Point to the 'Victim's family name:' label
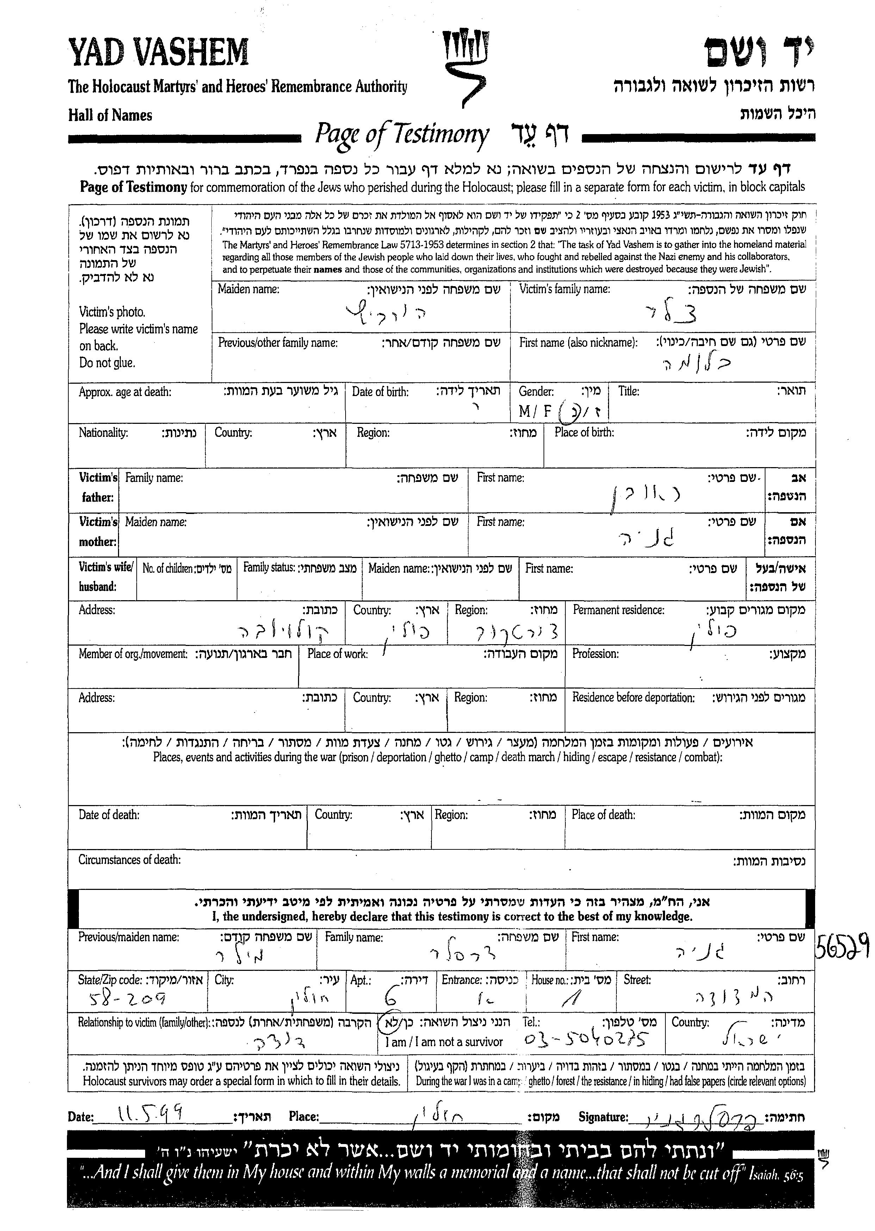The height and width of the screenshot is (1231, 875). coord(564,289)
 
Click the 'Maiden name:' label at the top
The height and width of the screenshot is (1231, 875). coord(248,289)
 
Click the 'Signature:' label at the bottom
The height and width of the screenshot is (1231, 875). coord(603,1117)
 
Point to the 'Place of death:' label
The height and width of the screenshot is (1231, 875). coord(603,815)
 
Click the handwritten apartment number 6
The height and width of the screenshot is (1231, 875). coord(389,998)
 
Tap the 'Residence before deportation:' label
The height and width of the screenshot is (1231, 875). coord(633,698)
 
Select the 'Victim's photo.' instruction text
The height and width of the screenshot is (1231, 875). coord(112,312)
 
